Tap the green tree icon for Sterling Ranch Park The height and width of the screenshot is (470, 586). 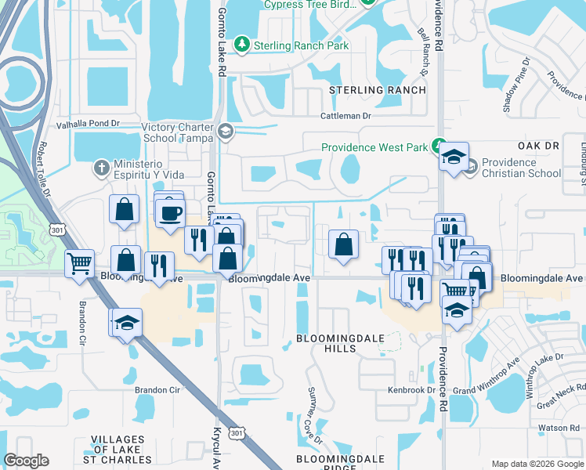coord(244,43)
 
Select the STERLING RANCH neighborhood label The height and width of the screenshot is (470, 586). coord(378,90)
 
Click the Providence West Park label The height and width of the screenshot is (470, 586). coord(374,147)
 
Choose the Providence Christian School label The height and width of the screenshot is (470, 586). coord(521,168)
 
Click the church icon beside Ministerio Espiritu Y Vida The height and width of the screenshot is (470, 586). coord(101,168)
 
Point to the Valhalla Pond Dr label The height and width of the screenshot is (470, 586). coord(87,124)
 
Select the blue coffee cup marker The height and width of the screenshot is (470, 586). coord(171,212)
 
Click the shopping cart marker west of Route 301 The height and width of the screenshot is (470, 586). coord(79,264)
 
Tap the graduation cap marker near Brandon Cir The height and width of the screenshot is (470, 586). coord(126,323)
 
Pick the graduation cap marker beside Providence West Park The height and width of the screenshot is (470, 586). coord(454,157)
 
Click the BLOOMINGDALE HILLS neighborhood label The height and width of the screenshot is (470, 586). coord(338,343)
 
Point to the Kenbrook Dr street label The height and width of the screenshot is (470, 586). coord(410,389)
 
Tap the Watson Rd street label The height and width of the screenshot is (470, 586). coord(558,428)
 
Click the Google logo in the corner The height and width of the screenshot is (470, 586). coord(26,461)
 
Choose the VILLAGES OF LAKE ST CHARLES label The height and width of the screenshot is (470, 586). coord(125,450)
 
